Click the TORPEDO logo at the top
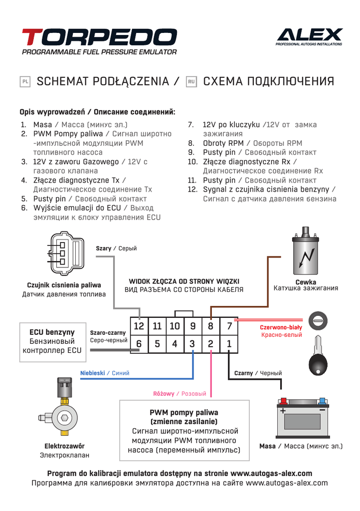(x=99, y=37)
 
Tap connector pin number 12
(x=139, y=326)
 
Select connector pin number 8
(x=210, y=326)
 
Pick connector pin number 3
(x=192, y=343)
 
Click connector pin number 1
(x=229, y=343)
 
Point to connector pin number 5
(x=157, y=343)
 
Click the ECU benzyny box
(x=52, y=341)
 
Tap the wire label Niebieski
(x=93, y=373)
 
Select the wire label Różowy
(x=164, y=394)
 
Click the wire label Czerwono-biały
(x=281, y=327)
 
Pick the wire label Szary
(x=104, y=249)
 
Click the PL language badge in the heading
(x=25, y=81)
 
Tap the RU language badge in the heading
(x=191, y=81)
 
